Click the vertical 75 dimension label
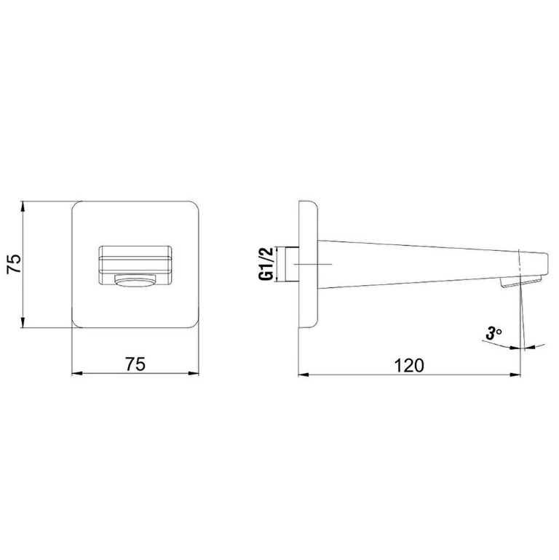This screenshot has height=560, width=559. (x=15, y=264)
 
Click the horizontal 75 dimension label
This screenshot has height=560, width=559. (x=135, y=364)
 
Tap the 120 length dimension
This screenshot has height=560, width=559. (x=409, y=365)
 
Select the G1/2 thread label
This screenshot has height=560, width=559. (x=266, y=263)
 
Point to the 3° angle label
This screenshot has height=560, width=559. (x=493, y=333)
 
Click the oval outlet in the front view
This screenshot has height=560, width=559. (x=135, y=281)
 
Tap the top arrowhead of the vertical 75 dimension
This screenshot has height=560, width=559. (x=23, y=206)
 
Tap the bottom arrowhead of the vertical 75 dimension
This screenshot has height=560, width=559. (x=23, y=322)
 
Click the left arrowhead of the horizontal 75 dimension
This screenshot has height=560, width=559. (x=77, y=374)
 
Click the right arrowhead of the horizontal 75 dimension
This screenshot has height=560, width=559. (x=194, y=374)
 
